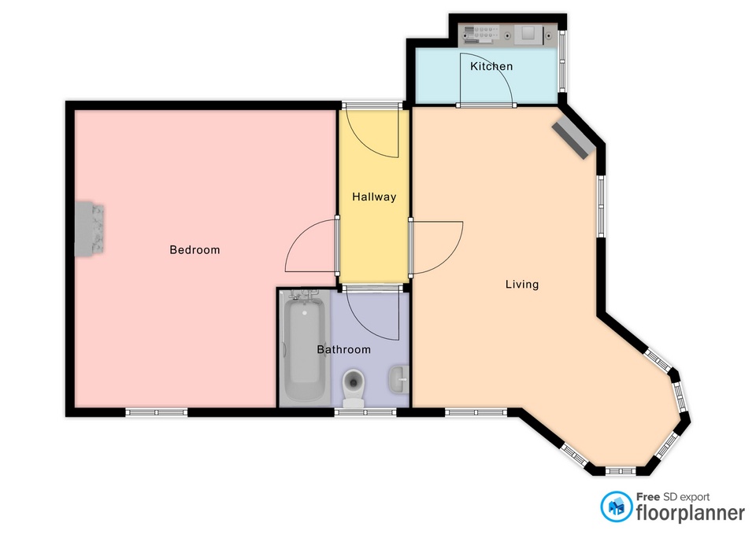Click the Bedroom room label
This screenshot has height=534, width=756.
point(195,250)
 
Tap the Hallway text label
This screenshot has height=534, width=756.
point(374,197)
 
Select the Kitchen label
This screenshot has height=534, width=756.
point(491,66)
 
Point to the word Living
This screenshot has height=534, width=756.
point(522,285)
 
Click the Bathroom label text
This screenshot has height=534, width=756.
point(344,350)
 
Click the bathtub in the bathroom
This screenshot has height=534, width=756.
point(305,348)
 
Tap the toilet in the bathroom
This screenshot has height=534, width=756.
point(354,388)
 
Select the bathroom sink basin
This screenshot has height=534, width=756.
point(398,379)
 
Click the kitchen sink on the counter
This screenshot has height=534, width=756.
point(528,34)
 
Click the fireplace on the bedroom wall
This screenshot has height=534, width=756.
point(90,229)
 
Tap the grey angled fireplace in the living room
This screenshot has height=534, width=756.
point(573,140)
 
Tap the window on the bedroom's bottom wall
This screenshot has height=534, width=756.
point(157,412)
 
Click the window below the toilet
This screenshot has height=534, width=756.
point(365,412)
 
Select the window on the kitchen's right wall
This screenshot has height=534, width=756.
point(562,61)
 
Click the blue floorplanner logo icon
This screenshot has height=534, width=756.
point(616,506)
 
